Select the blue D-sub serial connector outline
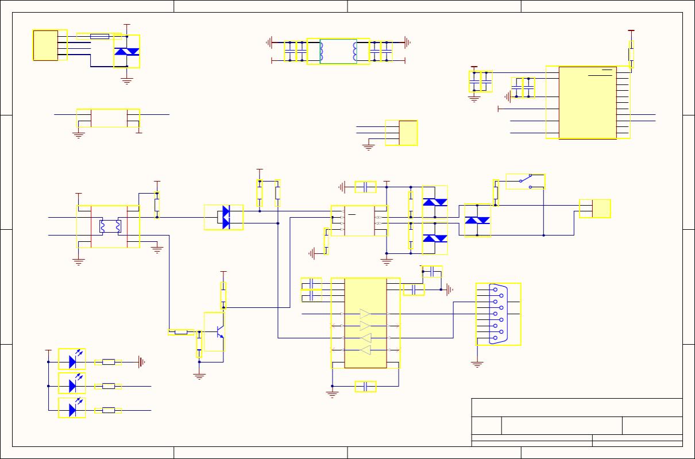pos(497,314)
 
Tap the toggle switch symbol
pos(526,182)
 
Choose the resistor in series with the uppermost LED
pos(108,362)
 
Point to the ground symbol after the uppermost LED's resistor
pos(141,362)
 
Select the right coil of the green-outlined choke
pos(354,52)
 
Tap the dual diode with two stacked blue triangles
pos(225,218)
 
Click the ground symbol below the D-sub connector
pos(477,364)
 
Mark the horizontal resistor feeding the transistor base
pos(181,332)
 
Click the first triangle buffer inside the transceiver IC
pos(365,314)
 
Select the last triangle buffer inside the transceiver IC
pos(365,350)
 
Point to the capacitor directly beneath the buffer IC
pos(365,386)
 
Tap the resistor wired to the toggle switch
pos(496,192)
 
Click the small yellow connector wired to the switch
pos(594,209)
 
